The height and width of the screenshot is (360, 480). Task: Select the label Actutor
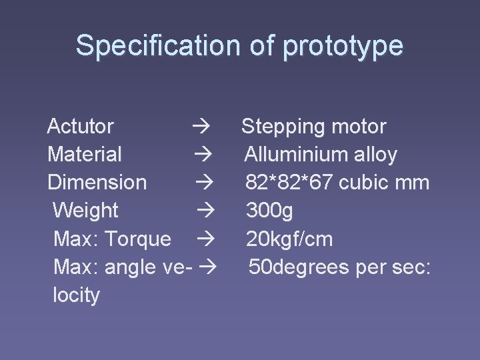pyautogui.click(x=81, y=126)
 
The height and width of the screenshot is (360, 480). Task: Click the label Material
pyautogui.click(x=85, y=155)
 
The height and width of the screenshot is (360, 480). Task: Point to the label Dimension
pyautogui.click(x=97, y=183)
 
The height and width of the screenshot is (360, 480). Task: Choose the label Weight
pyautogui.click(x=85, y=211)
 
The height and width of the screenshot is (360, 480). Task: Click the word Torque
pyautogui.click(x=139, y=239)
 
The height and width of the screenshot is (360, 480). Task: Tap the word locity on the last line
pyautogui.click(x=76, y=295)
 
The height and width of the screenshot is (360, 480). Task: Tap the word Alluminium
pyautogui.click(x=297, y=155)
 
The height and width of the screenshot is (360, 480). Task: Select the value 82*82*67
pyautogui.click(x=287, y=183)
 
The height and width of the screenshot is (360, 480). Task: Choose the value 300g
pyautogui.click(x=269, y=211)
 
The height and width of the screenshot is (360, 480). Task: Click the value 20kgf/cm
pyautogui.click(x=289, y=239)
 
